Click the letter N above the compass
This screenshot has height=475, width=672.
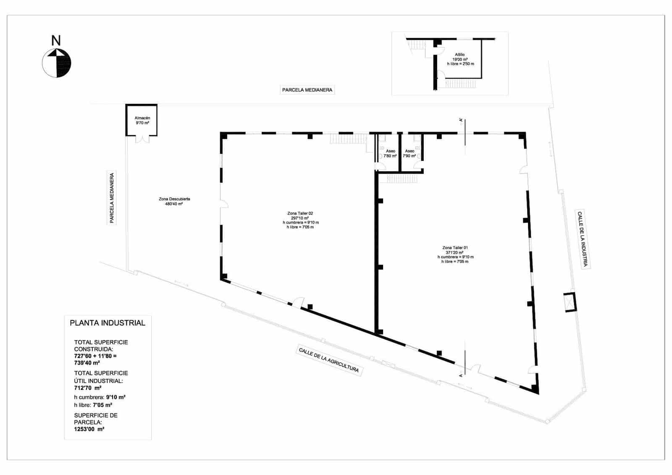[x=56, y=41]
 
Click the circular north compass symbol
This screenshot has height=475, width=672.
[x=57, y=63]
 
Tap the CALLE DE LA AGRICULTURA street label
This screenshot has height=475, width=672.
[x=329, y=360]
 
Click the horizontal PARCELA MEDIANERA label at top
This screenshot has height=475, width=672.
[x=307, y=90]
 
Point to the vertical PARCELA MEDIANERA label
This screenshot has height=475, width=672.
[x=112, y=198]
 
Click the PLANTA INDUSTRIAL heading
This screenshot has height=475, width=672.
[x=108, y=323]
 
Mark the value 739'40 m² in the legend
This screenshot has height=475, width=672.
[x=87, y=363]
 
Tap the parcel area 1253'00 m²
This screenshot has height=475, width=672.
[x=89, y=429]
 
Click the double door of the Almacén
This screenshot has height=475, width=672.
[x=142, y=139]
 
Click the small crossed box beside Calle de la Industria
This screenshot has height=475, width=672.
[x=570, y=302]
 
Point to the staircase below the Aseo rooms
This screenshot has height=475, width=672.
[x=402, y=179]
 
